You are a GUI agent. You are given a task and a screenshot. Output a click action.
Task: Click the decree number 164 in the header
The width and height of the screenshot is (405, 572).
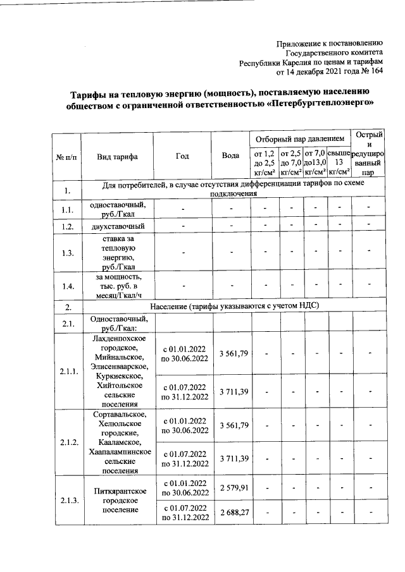pyautogui.click(x=377, y=71)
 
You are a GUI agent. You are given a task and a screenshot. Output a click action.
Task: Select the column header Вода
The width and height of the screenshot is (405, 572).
pyautogui.click(x=231, y=156)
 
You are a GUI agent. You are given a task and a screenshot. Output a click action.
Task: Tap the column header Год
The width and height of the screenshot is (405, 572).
pyautogui.click(x=184, y=156)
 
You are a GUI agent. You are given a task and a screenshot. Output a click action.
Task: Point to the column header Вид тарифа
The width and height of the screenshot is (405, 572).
pyautogui.click(x=118, y=157)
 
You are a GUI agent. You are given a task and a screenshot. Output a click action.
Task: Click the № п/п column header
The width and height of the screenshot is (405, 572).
pyautogui.click(x=66, y=157)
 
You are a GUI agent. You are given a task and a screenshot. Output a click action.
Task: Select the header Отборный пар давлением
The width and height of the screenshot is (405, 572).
pyautogui.click(x=299, y=138)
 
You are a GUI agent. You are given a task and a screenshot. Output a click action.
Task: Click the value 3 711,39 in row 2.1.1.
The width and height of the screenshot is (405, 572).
pyautogui.click(x=231, y=392)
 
